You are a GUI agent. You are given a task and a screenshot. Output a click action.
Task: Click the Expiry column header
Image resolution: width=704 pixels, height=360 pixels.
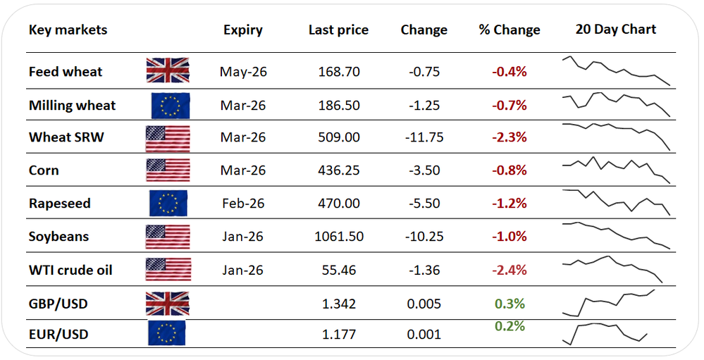coord(243,30)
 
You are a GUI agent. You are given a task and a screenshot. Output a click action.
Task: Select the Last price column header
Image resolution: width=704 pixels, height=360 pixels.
coord(338,30)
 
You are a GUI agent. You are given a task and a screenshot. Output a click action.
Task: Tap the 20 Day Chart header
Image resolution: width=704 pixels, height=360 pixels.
coord(615,30)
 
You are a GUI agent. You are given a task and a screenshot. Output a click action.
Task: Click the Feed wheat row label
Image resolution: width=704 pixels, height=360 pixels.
coord(66,72)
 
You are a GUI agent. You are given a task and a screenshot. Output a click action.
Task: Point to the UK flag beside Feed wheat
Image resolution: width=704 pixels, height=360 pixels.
coord(168,70)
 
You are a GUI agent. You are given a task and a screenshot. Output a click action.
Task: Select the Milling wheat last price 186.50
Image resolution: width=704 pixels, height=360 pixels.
coord(339,106)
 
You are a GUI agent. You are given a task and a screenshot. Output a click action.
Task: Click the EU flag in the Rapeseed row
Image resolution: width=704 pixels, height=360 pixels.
coord(168,203)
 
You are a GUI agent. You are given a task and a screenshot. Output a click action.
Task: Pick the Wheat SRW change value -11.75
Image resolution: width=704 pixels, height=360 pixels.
coord(424,137)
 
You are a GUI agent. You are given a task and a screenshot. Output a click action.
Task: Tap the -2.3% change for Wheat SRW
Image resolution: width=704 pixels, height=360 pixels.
coord(509,137)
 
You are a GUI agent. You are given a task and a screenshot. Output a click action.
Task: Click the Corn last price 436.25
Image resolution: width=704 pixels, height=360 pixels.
coord(339,170)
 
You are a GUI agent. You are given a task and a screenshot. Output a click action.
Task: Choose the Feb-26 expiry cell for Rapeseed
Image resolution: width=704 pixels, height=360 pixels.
coord(243,204)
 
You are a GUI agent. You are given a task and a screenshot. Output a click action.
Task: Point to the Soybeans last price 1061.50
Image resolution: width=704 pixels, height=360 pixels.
coord(339,237)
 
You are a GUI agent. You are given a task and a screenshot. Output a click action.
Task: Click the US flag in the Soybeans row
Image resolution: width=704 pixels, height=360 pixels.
coord(168,237)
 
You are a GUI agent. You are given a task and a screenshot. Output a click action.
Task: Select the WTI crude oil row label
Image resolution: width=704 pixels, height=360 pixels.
coord(70,271)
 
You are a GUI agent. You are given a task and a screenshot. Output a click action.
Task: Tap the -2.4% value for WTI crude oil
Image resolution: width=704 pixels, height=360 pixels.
coord(509,271)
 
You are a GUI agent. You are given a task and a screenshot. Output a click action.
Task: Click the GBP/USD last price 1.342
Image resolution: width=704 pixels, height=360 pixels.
coord(339,304)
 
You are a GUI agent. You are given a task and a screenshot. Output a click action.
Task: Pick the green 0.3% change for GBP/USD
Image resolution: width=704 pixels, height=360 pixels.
coord(510,304)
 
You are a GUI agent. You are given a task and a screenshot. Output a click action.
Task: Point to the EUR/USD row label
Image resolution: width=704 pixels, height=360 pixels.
coord(58,335)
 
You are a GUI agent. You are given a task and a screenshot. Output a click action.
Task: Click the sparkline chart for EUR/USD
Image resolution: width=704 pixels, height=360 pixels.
coord(605,334)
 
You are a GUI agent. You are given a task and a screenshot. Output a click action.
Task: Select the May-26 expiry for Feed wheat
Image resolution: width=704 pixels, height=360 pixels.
coord(243,73)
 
